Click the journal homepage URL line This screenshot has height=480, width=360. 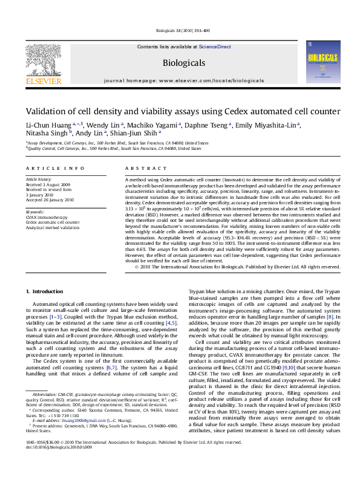pyautogui.click(x=184, y=80)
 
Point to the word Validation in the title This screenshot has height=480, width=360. pyautogui.click(x=45, y=111)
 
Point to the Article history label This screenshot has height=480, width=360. pyautogui.click(x=39, y=180)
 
